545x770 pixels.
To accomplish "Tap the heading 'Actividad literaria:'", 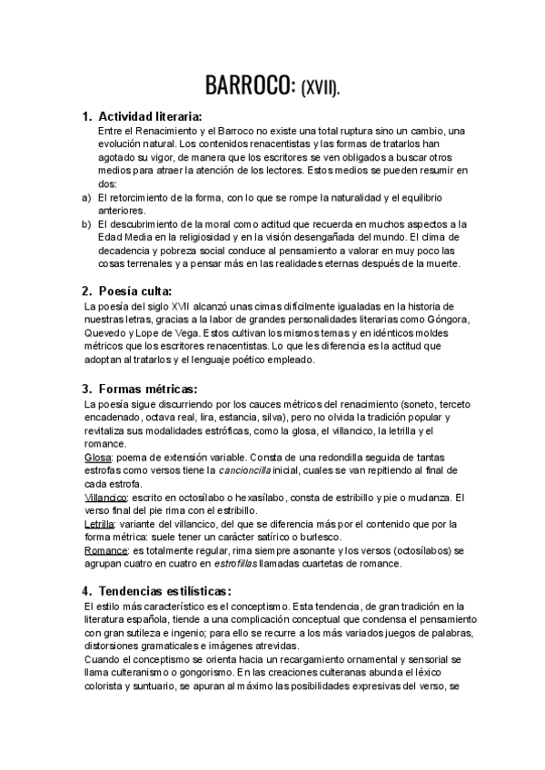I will point(149,116).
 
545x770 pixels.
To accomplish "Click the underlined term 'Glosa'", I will point(97,457).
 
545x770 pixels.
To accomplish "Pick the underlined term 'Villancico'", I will point(104,498).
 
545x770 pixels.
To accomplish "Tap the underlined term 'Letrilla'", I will point(99,525).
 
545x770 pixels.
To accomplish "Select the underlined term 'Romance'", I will point(104,550).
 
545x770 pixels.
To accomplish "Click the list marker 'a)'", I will point(87,197).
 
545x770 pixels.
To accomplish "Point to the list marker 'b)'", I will point(87,224).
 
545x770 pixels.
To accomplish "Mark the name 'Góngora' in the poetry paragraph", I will point(445,320).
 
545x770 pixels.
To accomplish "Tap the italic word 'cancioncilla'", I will point(245,470).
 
